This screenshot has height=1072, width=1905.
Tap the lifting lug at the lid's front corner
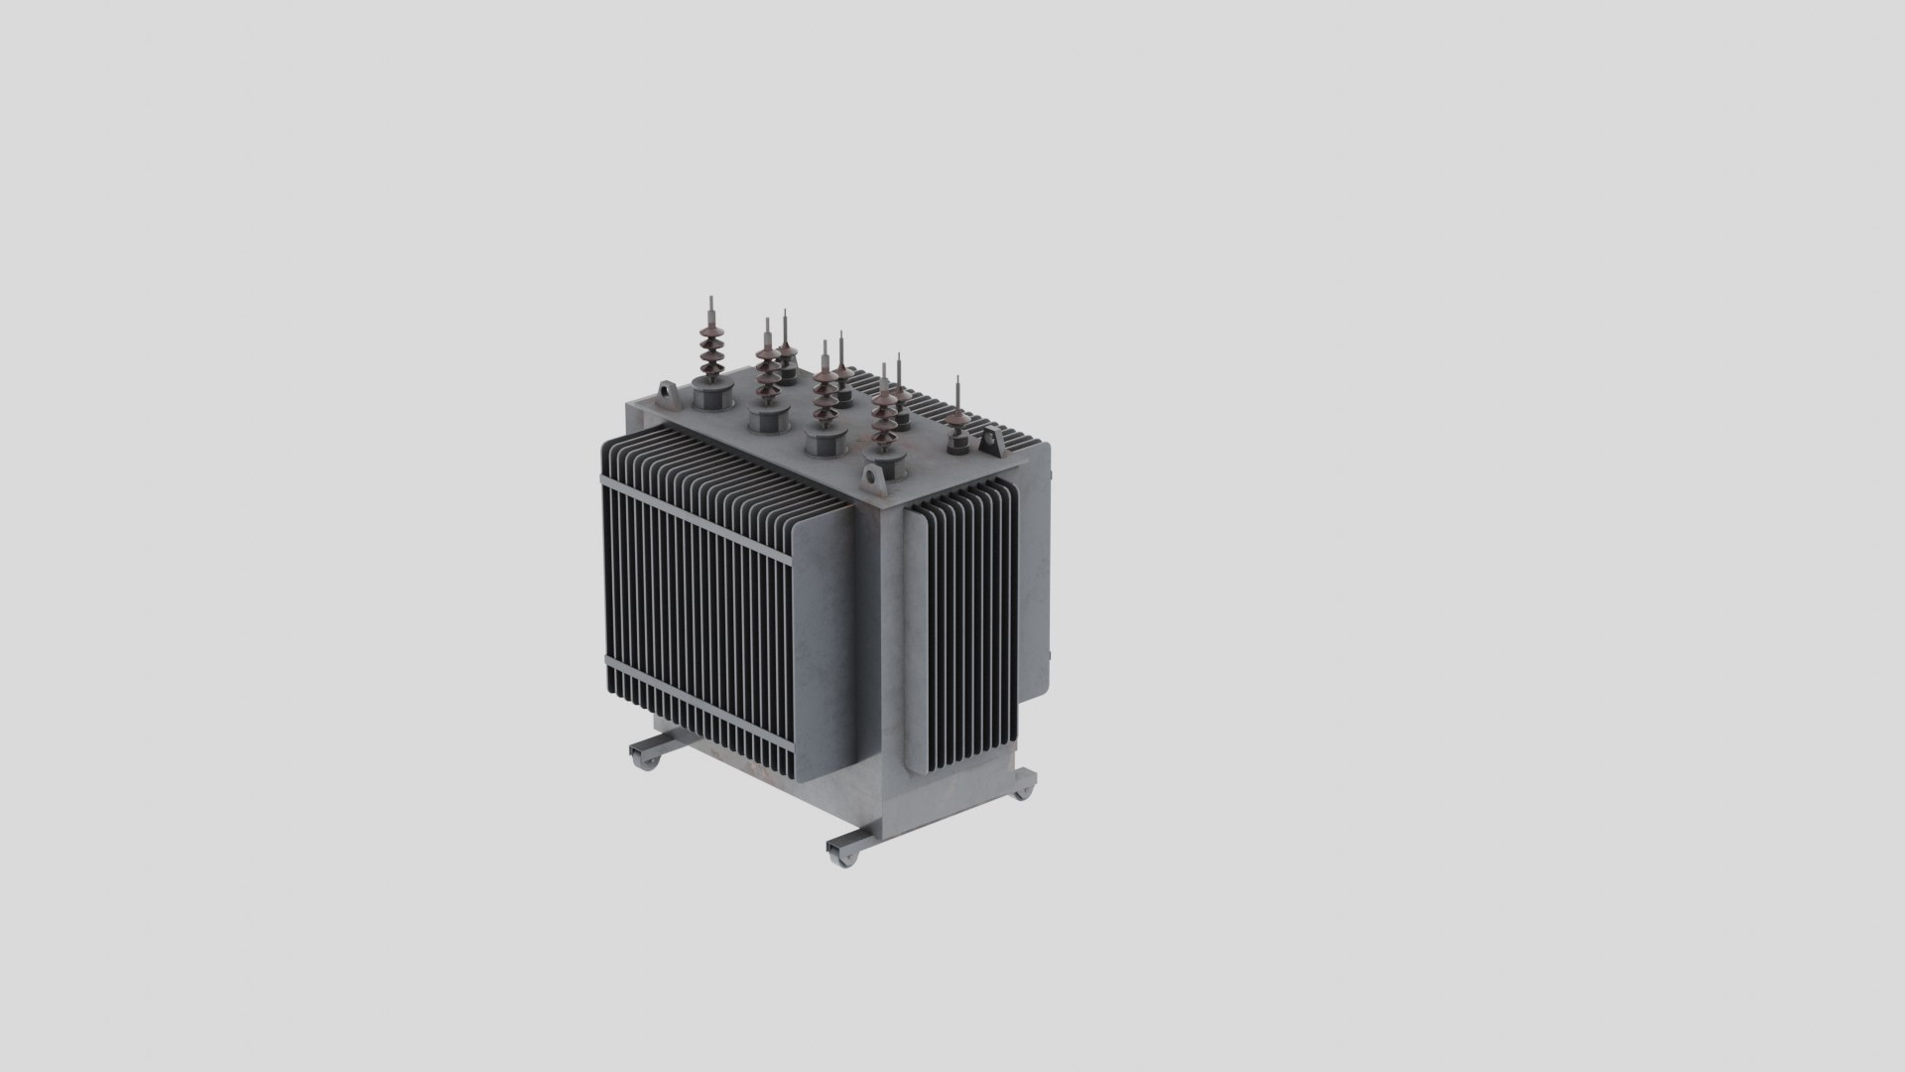(874, 481)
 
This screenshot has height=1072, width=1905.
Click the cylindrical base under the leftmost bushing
(710, 398)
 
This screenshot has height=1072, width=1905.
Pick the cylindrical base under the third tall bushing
(823, 442)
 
